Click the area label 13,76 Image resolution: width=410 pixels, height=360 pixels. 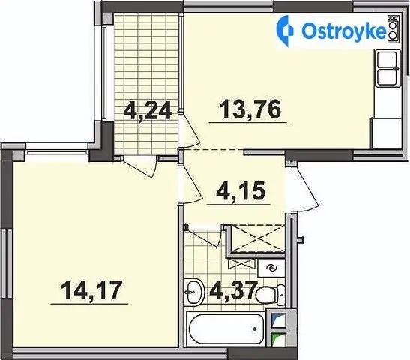(250, 109)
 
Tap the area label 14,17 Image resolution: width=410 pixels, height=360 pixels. (91, 290)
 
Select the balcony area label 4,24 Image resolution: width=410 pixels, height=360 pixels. (148, 110)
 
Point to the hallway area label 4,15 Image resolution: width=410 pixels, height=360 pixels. (241, 190)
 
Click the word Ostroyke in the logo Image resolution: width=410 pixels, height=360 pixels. (344, 32)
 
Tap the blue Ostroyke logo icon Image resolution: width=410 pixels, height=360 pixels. (285, 31)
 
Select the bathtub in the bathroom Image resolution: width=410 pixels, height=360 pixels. (225, 329)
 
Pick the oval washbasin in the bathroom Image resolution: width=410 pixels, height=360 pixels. (193, 292)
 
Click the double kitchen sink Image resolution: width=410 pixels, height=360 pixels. (388, 68)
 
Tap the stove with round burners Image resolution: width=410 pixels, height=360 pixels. (393, 28)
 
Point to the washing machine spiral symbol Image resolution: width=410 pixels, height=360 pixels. (271, 268)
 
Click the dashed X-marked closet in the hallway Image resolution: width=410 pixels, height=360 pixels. (258, 238)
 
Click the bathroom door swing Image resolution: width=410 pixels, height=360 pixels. (202, 235)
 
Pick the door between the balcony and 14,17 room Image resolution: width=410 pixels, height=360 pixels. (140, 167)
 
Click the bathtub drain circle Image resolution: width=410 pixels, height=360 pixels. (254, 329)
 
